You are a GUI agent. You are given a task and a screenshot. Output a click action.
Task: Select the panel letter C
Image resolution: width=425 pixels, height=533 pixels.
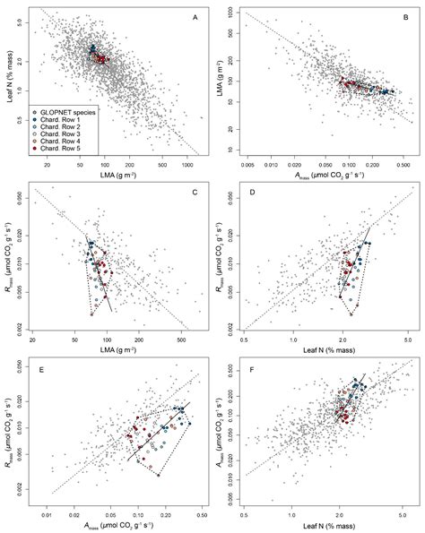click(x=195, y=191)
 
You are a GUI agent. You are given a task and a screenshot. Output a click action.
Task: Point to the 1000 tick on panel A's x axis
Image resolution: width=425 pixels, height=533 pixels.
click(x=190, y=167)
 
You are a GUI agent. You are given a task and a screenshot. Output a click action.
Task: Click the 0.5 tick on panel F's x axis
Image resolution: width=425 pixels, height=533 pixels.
click(x=245, y=516)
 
